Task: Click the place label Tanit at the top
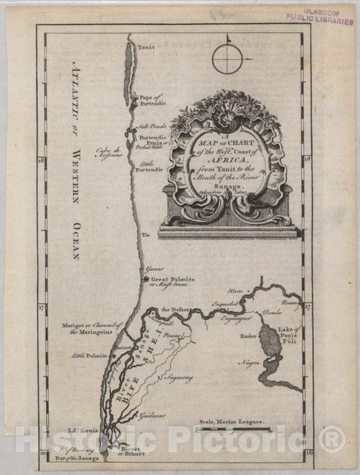pos(146,48)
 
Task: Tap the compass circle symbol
pos(228,59)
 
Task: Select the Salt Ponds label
pos(152,126)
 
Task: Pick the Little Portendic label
pos(151,166)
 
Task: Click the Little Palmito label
pos(84,355)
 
